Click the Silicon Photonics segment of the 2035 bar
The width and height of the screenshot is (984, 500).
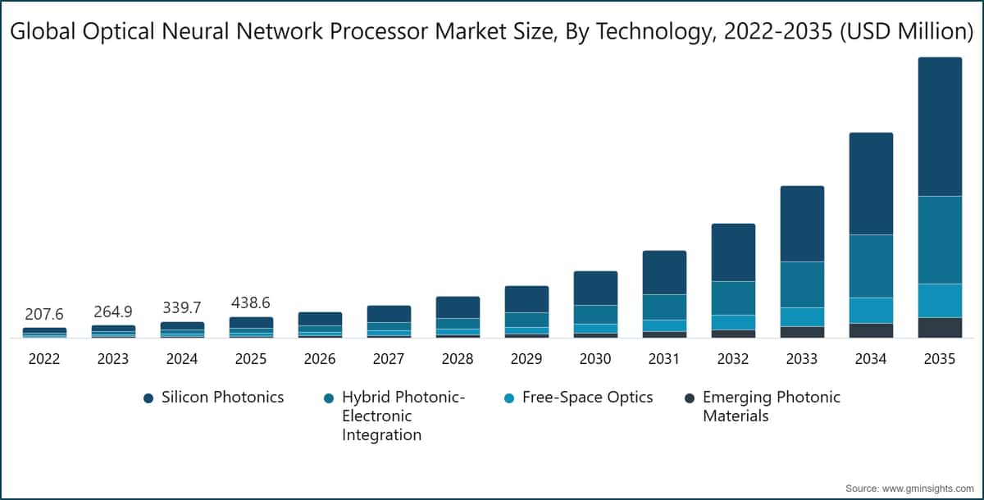pos(940,127)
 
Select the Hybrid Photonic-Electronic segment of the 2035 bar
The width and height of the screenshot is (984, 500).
pos(940,239)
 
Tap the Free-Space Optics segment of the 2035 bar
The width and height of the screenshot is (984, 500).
pos(940,300)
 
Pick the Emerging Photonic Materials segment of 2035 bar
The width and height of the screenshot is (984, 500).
pos(940,327)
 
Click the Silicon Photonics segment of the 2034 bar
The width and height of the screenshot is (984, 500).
pos(871,184)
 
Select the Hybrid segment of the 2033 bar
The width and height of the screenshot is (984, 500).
pos(802,284)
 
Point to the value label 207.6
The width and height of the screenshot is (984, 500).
pos(44,314)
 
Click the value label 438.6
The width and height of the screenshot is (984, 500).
pos(251,303)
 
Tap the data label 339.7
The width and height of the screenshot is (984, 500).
pos(182,308)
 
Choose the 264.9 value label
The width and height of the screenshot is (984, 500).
pos(113,311)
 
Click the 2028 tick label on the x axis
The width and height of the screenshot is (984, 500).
pos(458,359)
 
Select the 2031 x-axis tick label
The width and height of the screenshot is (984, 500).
pos(664,359)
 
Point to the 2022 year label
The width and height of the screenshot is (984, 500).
pos(44,359)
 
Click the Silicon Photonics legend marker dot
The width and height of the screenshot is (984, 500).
pos(148,398)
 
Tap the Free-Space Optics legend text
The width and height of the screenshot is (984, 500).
pos(587,397)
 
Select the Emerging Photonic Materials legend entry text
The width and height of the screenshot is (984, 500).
pos(771,407)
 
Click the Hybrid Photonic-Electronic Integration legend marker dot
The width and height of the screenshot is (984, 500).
pos(328,398)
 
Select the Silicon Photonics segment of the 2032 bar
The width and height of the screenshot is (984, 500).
pos(733,252)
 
